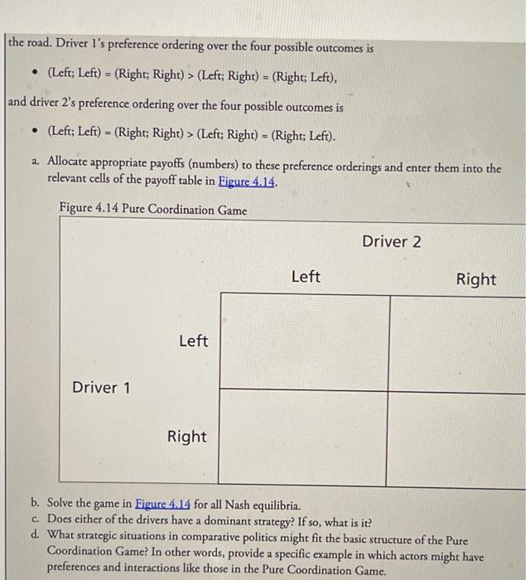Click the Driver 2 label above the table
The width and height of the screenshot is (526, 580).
coord(391,242)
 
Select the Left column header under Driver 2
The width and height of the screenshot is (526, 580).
coord(306,277)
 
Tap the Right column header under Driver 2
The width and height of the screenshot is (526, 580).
coord(475,279)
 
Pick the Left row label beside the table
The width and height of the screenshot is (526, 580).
coord(193,341)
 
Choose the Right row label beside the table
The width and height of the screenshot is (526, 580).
coord(187,436)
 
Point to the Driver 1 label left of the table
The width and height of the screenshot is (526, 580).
coord(101,388)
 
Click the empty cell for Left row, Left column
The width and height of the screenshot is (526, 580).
coord(304,341)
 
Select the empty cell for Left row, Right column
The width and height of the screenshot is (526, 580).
coord(457,341)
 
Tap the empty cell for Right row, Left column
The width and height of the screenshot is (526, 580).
coord(304,436)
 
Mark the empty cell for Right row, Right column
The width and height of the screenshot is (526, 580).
coord(457,436)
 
